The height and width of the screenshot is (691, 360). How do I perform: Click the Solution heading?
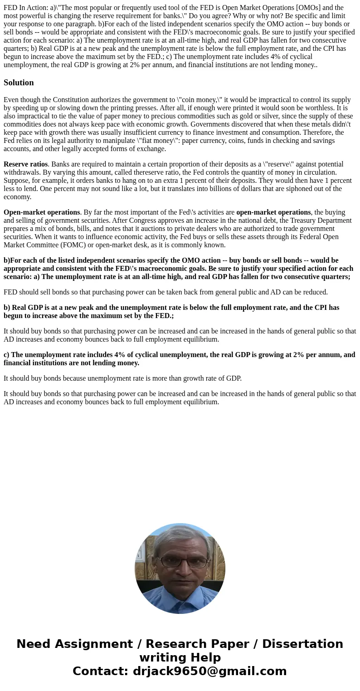pos(19,83)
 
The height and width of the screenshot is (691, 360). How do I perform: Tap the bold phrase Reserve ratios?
pos(25,164)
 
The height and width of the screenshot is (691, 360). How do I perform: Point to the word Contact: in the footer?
pos(100,671)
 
